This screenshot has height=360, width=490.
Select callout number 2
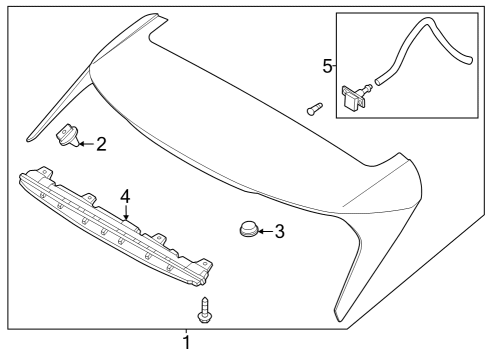101,144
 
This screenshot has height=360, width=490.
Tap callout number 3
279,232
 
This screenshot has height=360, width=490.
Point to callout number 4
126,194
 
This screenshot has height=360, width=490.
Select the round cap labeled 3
246,231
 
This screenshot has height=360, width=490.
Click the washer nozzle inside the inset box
354,97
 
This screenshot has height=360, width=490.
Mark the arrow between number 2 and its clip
86,144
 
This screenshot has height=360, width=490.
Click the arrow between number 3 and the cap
264,232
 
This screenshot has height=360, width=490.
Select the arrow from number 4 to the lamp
126,210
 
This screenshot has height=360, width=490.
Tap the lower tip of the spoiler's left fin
30,133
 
